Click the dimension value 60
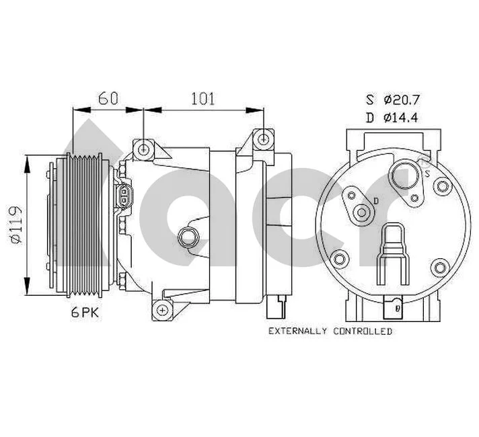109,98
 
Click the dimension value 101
202,98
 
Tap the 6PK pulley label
85,313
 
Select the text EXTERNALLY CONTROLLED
330,331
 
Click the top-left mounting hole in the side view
143,148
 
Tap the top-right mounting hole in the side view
263,139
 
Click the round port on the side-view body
188,237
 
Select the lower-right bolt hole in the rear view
441,268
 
